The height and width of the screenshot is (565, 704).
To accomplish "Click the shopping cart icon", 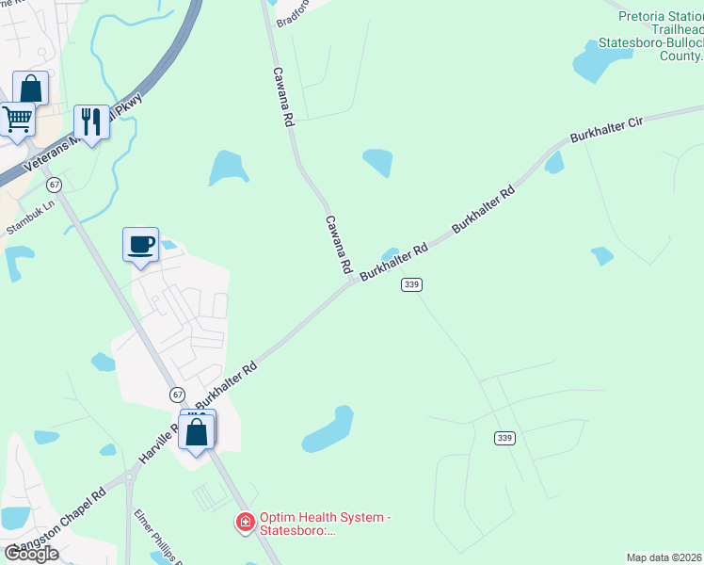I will [18, 121].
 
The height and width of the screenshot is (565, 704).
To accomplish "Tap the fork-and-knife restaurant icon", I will [91, 121].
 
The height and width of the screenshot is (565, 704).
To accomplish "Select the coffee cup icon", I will [141, 245].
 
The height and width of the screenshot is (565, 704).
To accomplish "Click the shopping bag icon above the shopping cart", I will [30, 89].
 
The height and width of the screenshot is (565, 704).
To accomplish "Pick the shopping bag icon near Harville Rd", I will [197, 433].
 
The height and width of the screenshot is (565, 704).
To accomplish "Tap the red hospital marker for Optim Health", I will [245, 521].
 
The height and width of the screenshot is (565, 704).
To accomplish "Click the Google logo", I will [31, 554].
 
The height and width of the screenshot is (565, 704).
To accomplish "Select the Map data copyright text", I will [664, 557].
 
